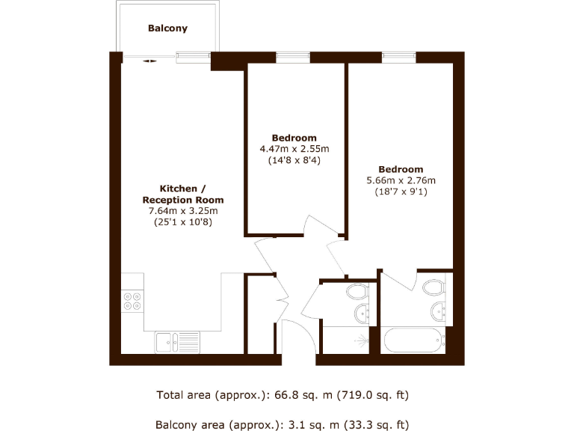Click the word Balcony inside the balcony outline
[167, 28]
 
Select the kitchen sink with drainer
[176, 341]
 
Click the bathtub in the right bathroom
[413, 341]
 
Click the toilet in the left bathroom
[357, 291]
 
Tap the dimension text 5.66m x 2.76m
[400, 180]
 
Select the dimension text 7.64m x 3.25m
[183, 211]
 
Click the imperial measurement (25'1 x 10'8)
[183, 221]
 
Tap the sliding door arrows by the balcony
[149, 61]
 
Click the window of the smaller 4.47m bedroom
[293, 57]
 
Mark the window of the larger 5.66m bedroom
[399, 57]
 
